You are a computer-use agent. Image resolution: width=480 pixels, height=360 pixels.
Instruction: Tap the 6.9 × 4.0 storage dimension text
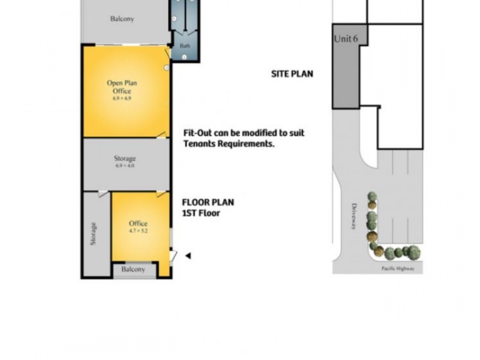pos(125,166)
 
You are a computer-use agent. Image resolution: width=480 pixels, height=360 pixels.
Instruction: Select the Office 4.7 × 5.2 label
pos(138,227)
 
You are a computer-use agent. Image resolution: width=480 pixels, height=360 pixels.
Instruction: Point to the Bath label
pos(184,46)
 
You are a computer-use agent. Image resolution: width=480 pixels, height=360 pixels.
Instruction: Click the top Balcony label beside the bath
pos(122,19)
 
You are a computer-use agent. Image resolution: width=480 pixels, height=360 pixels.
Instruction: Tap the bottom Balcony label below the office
pos(133,269)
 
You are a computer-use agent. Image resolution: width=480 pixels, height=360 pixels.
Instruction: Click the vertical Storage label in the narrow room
pos(93,234)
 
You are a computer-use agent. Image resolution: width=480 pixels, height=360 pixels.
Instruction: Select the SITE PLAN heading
pos(292,74)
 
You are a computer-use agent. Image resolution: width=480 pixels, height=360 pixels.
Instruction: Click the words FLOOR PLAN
pos(208,202)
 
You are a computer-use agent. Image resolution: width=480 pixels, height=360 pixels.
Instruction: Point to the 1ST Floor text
pos(201,213)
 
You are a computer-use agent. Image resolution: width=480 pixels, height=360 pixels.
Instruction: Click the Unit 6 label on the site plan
pos(346,39)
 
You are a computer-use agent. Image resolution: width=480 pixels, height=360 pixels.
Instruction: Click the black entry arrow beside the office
pos(188,256)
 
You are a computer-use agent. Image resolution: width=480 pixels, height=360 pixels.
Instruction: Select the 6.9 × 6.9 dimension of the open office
pos(122,98)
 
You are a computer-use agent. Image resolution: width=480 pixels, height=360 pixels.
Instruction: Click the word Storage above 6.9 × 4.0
pos(125,158)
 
